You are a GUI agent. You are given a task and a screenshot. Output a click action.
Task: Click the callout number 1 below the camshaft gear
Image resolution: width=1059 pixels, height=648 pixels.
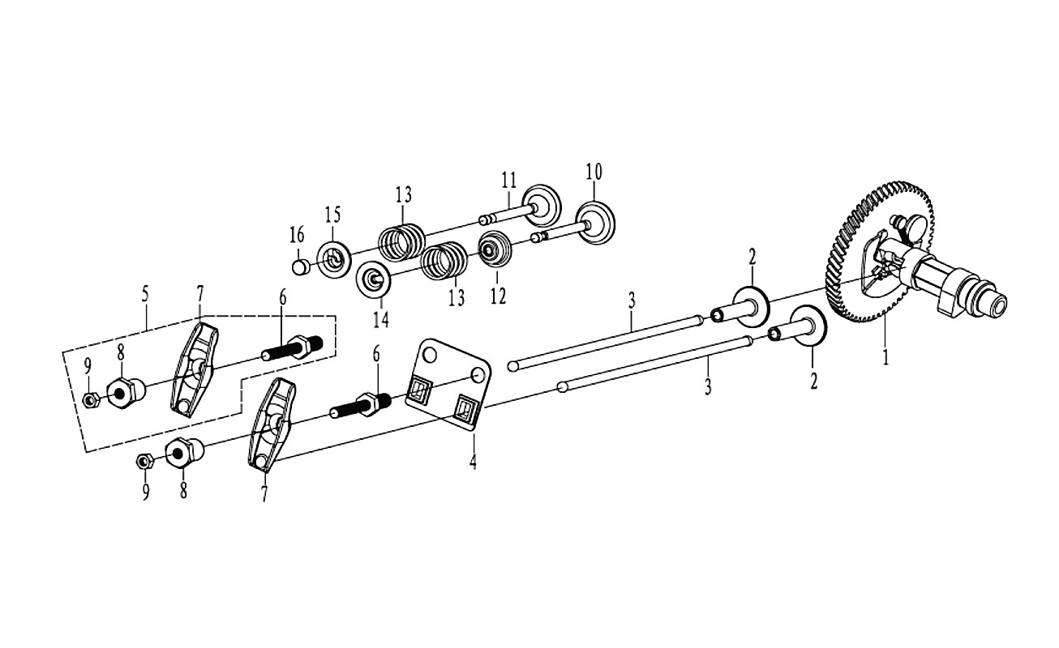tap(885, 357)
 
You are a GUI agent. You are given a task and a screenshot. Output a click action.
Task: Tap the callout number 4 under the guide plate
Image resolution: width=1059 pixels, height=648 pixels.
tap(473, 461)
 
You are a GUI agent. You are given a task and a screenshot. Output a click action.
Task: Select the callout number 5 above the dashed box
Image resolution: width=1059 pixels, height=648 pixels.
tap(145, 294)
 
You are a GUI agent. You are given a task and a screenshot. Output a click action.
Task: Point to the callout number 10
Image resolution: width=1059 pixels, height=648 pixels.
tap(594, 172)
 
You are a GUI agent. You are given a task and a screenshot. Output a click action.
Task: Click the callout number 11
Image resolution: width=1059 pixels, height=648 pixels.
tap(508, 181)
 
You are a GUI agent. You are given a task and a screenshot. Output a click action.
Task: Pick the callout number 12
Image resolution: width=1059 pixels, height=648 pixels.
tap(499, 296)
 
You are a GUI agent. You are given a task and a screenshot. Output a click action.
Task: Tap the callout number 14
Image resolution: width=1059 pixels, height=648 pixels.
tap(380, 319)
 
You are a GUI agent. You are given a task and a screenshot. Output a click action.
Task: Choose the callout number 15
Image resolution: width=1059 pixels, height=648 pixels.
tap(332, 215)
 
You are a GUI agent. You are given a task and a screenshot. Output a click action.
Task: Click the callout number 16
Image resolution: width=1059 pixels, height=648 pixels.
tap(297, 235)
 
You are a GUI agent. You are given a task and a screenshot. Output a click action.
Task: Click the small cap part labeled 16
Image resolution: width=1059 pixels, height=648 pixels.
tap(299, 266)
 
